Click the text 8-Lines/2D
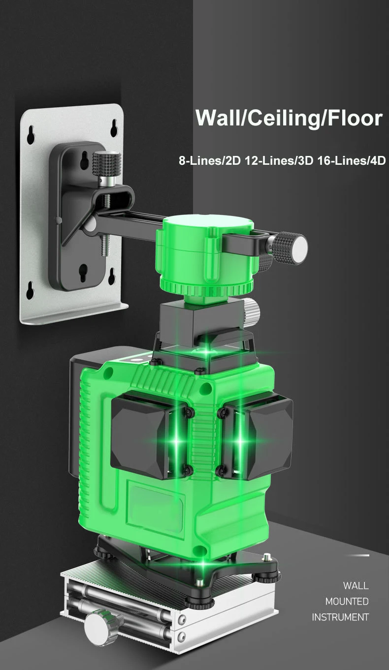(210, 161)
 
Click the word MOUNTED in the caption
(347, 601)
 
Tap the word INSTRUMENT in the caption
(340, 617)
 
